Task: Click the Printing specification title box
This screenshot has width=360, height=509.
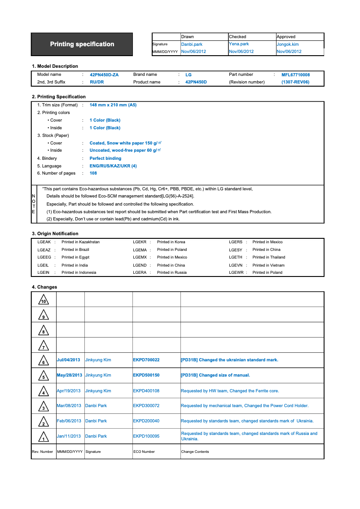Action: tap(82, 44)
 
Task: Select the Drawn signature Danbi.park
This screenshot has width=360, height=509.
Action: tap(192, 44)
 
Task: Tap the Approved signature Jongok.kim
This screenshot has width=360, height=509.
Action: tap(288, 44)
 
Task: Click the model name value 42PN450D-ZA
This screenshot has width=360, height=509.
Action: tap(104, 75)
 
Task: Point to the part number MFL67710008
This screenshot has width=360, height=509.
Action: tap(295, 75)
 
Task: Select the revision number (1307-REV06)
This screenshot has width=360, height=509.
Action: tap(295, 82)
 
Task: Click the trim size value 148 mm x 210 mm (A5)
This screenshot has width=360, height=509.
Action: tap(113, 105)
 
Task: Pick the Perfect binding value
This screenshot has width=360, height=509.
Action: tap(105, 158)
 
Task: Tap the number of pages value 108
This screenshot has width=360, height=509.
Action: tap(93, 173)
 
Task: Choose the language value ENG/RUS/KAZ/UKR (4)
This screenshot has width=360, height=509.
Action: tap(113, 166)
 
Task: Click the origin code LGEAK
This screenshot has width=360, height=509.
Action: tap(44, 242)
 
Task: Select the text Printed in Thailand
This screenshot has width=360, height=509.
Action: tap(269, 257)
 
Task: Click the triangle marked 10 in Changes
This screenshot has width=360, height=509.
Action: tap(44, 300)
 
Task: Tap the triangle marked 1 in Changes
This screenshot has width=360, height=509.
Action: tap(44, 437)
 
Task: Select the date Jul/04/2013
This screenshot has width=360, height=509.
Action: tap(69, 360)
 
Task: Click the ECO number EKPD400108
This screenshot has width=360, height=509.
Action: tap(146, 391)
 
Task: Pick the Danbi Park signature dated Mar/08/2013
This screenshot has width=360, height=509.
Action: tap(96, 406)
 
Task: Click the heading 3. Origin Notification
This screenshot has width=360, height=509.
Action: tap(55, 233)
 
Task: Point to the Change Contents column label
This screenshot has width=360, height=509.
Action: tap(195, 452)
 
